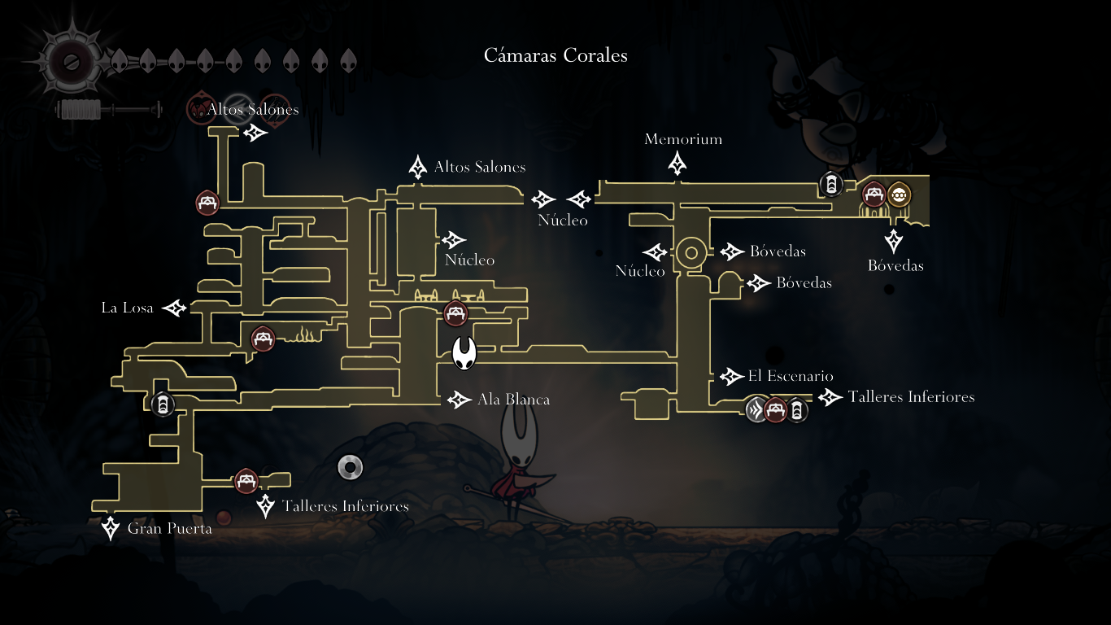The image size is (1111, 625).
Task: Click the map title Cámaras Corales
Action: coord(555,55)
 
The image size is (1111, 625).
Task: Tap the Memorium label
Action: coord(683,139)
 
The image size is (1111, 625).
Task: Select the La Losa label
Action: coord(127,308)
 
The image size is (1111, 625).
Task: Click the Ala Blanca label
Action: coord(513,400)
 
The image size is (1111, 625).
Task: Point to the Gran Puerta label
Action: coord(169,529)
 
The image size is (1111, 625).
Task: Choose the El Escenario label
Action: coord(791,376)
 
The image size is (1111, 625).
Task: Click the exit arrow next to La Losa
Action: coord(175,308)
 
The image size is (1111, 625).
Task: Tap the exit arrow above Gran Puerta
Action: coord(111,527)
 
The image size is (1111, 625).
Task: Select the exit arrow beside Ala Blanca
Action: coord(460,400)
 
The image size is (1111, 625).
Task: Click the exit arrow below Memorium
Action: coord(677,164)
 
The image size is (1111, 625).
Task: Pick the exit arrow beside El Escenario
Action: coord(730,376)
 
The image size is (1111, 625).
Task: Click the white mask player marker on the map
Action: coord(464,353)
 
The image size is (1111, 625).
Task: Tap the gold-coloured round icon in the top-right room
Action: coord(899,194)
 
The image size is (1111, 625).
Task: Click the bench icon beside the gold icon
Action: coord(874,194)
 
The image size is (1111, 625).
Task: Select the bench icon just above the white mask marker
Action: coord(455,313)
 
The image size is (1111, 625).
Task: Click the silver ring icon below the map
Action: coord(350,467)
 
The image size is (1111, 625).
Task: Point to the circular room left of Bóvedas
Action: coord(691,252)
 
